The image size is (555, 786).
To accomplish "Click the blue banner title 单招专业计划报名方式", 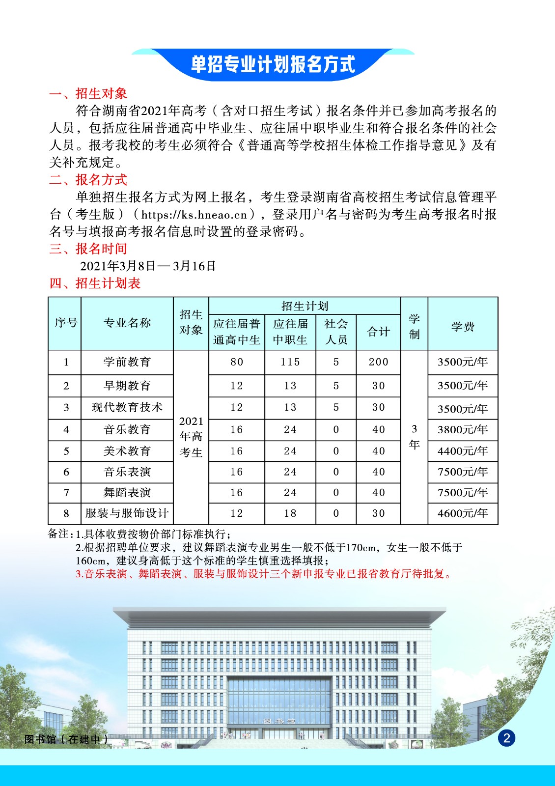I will [273, 64].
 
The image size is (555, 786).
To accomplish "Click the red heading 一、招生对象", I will [88, 93].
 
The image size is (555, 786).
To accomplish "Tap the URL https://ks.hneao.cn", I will [194, 215].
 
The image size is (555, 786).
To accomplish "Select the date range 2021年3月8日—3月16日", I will [148, 266].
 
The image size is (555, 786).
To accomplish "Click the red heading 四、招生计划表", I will [95, 283].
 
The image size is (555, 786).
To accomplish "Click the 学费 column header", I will [463, 326].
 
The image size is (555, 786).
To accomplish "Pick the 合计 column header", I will [378, 332].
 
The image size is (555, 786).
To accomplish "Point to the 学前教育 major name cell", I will [127, 362].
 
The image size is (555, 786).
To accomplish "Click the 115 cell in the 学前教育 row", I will [290, 362].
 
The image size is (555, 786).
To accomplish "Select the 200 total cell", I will [378, 362].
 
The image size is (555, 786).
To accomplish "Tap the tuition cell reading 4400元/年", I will [463, 451].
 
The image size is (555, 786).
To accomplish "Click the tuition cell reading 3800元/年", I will [463, 430].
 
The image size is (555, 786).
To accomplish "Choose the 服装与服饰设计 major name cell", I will [127, 513].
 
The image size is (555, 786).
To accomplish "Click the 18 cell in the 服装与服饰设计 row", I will [290, 513].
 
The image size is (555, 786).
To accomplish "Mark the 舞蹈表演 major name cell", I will [127, 493].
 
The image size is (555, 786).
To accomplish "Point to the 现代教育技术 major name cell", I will [127, 407].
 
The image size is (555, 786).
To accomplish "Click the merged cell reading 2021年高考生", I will [191, 437].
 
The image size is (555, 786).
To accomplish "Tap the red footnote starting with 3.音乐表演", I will [264, 574].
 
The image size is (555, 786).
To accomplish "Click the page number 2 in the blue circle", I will [506, 738].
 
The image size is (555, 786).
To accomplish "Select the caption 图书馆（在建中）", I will [66, 739].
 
